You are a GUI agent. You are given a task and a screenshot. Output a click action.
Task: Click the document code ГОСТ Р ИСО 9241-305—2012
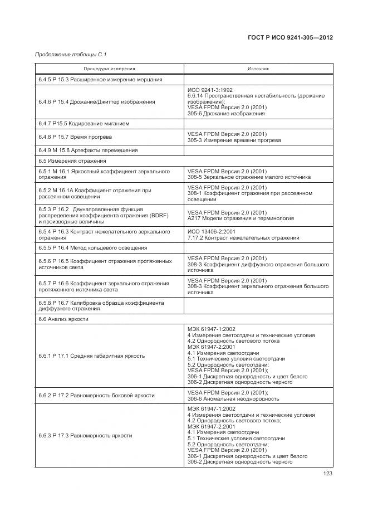click(x=293, y=38)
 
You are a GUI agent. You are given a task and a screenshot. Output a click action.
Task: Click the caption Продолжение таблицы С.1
click(x=71, y=54)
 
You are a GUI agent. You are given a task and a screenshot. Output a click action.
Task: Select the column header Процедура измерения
click(x=109, y=69)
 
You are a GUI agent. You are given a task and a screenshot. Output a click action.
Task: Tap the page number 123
click(x=327, y=474)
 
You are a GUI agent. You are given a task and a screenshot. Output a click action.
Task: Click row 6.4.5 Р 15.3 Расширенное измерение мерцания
click(x=100, y=80)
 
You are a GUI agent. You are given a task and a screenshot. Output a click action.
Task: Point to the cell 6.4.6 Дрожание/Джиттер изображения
click(x=97, y=102)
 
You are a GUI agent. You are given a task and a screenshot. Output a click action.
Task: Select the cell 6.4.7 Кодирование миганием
click(x=88, y=124)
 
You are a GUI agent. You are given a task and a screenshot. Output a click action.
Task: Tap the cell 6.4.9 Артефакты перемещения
click(x=88, y=150)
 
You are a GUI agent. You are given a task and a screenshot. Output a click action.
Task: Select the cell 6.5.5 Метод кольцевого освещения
click(x=92, y=247)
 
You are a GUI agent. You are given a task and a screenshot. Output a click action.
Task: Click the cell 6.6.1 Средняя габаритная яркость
click(x=91, y=356)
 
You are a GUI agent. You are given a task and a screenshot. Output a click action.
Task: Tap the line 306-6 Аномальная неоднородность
click(x=233, y=399)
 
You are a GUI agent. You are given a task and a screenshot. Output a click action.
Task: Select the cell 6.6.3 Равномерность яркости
click(x=85, y=435)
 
